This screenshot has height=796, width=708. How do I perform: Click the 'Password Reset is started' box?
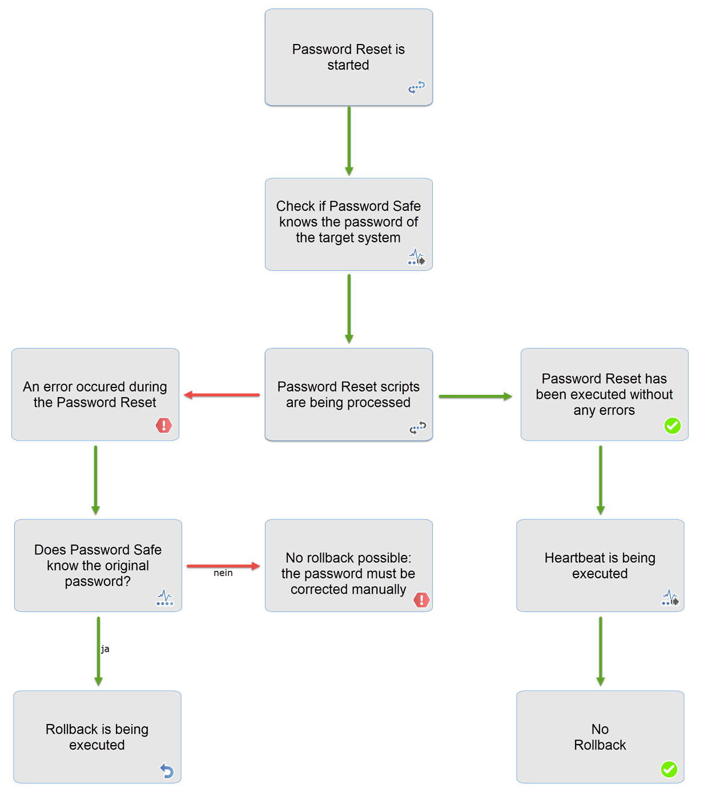[x=349, y=57]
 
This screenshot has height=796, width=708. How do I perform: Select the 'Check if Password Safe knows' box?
[x=349, y=225]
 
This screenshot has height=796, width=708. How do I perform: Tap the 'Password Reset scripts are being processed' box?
[x=349, y=394]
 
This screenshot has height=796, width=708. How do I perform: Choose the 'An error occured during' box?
[x=95, y=394]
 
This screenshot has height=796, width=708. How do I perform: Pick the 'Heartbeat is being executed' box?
[x=600, y=565]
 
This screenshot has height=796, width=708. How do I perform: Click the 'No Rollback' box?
[x=600, y=737]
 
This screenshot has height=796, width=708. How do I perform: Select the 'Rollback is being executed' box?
[x=98, y=737]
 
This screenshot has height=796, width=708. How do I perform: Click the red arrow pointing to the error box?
[x=222, y=395]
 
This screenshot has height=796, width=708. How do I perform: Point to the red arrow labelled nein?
[x=223, y=566]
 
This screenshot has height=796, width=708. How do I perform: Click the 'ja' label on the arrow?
[x=105, y=649]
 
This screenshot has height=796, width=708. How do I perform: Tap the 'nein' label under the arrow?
[x=223, y=573]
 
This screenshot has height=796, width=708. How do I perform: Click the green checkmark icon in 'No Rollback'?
[x=669, y=769]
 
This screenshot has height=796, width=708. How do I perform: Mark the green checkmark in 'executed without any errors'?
[x=672, y=426]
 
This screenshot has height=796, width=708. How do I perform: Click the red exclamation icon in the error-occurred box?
[x=164, y=425]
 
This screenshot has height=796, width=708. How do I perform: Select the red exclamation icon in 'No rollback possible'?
[x=421, y=599]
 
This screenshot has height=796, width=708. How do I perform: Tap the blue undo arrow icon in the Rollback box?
[x=167, y=770]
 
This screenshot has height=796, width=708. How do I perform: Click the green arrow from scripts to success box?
[x=476, y=397]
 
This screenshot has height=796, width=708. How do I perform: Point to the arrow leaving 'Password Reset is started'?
[x=349, y=141]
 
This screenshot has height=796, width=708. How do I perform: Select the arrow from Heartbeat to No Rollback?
[x=601, y=651]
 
